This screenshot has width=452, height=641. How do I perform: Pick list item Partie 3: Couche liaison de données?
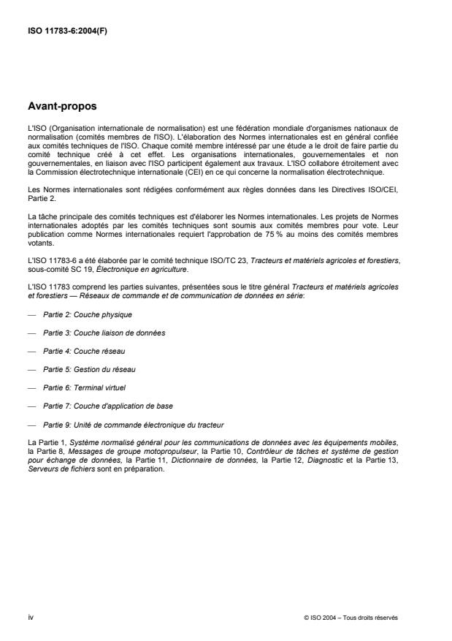pyautogui.click(x=93, y=333)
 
